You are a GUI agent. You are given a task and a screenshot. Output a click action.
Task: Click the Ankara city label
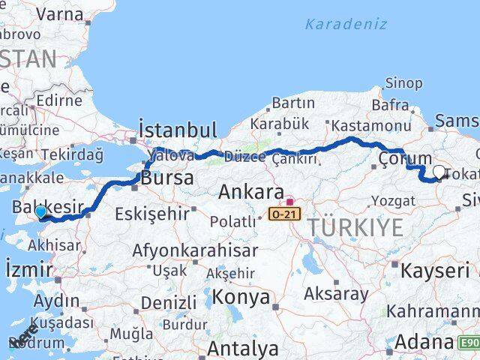pos(250,192)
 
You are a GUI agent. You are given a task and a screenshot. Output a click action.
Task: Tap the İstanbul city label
pos(178,129)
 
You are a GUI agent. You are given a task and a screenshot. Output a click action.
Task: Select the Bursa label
pos(168,178)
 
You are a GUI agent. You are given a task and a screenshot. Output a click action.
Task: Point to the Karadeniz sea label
pos(346,24)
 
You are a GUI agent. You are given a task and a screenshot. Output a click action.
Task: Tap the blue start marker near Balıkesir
pos(40,212)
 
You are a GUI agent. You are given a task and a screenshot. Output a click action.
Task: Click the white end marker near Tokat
pos(439,172)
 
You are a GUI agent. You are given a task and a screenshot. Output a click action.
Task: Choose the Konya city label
pos(241,297)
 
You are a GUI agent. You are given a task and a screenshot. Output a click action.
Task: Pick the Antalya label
pos(243,348)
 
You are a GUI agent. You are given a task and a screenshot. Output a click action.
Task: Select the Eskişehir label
pos(152,214)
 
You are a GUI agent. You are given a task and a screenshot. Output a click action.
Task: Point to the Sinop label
pos(403,83)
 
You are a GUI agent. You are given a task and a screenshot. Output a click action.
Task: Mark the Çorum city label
pos(405,158)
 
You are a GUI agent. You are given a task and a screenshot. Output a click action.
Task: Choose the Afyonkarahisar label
pos(195,250)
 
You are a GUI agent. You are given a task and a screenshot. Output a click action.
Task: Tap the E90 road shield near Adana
pos(469,343)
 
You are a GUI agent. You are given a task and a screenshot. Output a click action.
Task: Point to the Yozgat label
pos(393,200)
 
